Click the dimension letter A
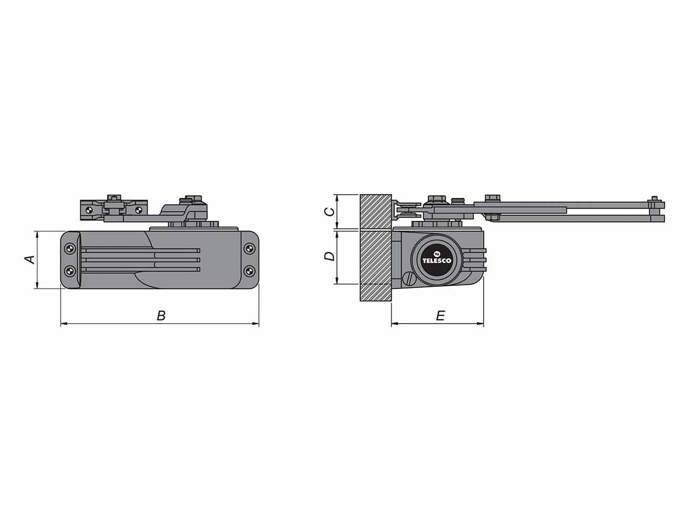[x=30, y=260]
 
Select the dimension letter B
[x=161, y=316]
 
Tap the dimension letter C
[x=330, y=212]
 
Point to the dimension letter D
[x=329, y=256]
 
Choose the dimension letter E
[x=441, y=316]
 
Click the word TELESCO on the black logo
[x=437, y=260]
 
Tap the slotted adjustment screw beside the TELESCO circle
[x=409, y=278]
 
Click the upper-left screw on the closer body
[x=70, y=249]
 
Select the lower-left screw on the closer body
[x=70, y=271]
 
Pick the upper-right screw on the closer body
[x=249, y=249]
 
